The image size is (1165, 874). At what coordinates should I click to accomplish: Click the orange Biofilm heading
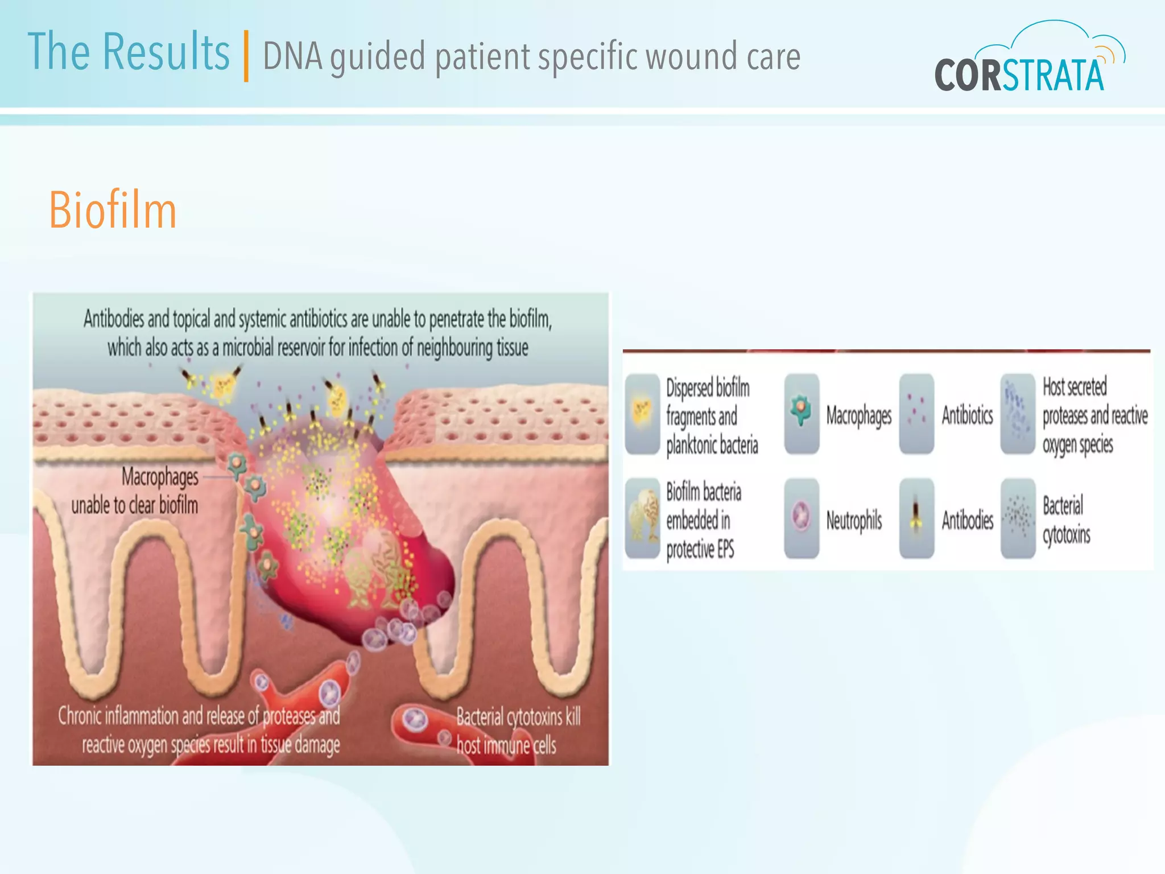click(x=113, y=211)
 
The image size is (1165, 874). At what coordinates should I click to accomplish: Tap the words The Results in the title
click(x=129, y=52)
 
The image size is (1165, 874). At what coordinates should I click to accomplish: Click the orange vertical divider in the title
click(x=246, y=56)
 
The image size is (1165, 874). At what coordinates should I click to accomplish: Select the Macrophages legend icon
click(x=802, y=414)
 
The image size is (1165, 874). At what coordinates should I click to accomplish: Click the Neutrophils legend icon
click(x=802, y=518)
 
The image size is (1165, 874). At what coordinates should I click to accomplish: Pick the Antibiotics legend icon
click(x=916, y=414)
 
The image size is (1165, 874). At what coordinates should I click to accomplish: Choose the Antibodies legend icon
click(x=916, y=518)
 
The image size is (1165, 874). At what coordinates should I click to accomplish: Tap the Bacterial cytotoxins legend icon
click(x=1018, y=518)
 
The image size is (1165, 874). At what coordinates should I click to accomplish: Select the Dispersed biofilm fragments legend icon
click(x=642, y=414)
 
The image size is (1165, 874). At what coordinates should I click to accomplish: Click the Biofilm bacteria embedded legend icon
click(x=642, y=518)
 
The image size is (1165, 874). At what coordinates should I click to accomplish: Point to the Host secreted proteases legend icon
click(x=1018, y=414)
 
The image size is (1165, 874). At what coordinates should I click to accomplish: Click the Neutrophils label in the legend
click(x=854, y=521)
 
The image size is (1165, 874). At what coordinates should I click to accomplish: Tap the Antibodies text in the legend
click(x=967, y=520)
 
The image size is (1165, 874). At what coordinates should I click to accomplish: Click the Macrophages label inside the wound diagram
click(x=160, y=477)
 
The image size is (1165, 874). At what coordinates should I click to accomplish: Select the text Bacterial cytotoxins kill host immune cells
click(x=518, y=731)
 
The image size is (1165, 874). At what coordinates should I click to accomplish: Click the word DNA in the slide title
click(x=292, y=57)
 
